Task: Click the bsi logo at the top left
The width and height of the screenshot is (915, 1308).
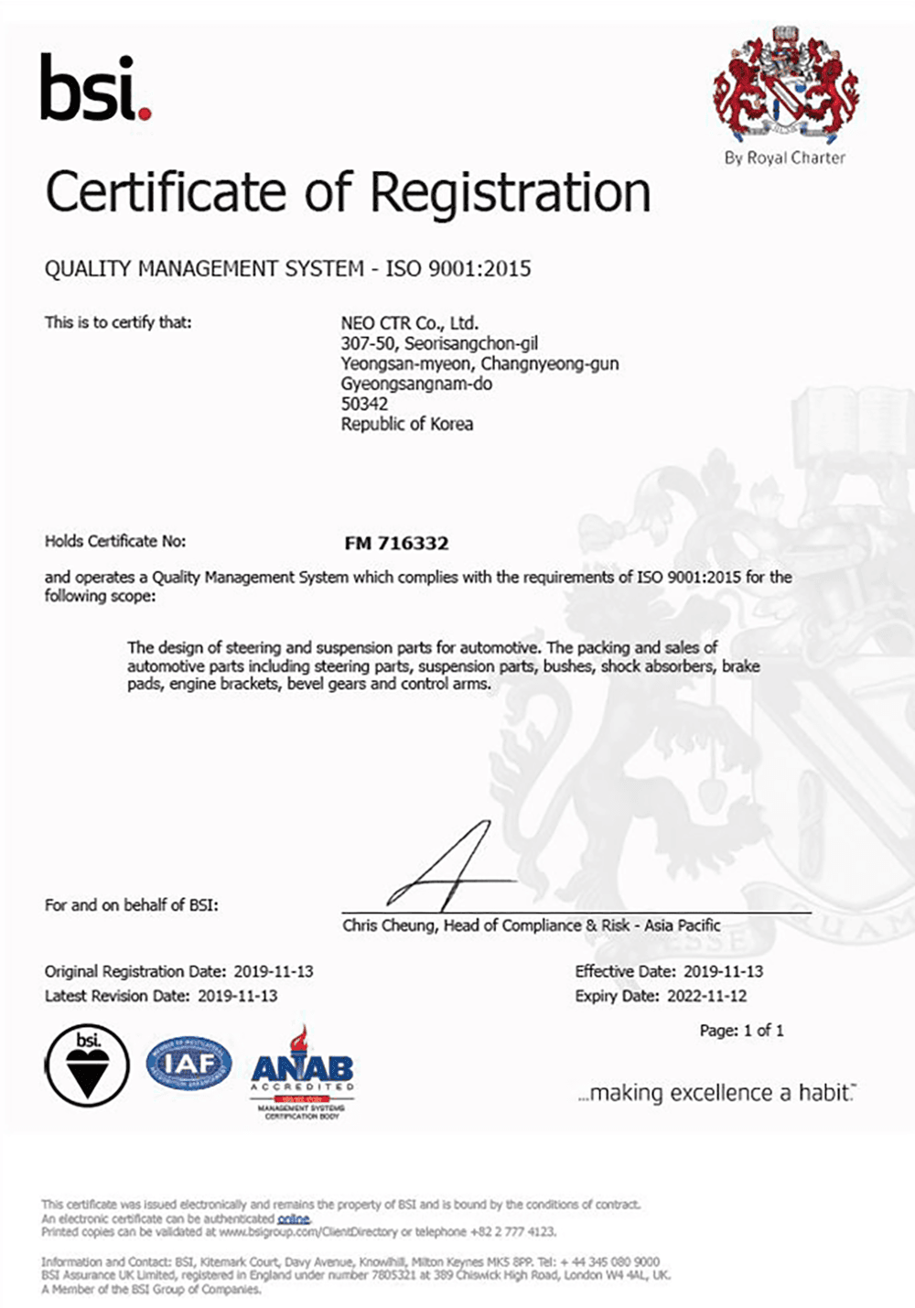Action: coord(95,88)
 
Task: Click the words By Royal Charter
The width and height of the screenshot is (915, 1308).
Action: coord(784,157)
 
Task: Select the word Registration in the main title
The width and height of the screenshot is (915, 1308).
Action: coord(510,193)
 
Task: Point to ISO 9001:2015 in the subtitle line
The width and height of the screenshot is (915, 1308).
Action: coord(457,269)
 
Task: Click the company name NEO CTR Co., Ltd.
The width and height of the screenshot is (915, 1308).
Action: coord(409,323)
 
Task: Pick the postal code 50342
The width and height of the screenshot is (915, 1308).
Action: coord(364,404)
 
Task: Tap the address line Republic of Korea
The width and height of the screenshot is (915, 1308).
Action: coord(407,424)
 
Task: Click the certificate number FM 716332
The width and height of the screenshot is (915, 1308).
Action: coord(396,544)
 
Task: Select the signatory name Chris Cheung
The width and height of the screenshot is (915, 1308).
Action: coord(389,925)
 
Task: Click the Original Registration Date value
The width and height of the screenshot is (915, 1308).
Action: coord(274,971)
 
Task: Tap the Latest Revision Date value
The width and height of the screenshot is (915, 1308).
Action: coord(237,996)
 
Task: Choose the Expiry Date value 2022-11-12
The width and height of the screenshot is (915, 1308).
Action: coord(706,996)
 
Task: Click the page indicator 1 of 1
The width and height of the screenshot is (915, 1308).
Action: coord(763,1031)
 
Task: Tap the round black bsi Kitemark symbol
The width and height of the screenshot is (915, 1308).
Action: coord(88,1065)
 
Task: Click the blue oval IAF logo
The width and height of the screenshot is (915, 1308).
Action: coord(189,1064)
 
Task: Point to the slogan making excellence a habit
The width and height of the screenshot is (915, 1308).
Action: coord(716,1093)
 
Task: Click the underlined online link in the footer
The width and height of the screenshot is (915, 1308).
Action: coord(293,1219)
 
